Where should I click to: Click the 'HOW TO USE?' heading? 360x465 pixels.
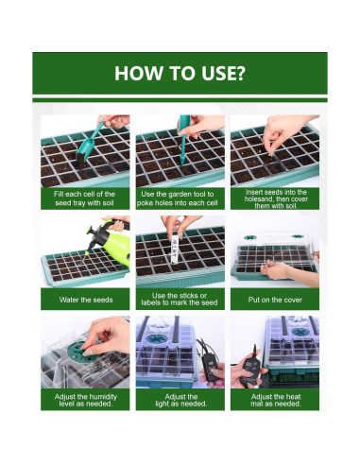180,73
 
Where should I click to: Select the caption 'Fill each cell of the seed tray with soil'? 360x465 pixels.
85,198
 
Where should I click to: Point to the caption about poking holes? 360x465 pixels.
178,198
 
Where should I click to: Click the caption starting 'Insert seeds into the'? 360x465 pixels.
276,198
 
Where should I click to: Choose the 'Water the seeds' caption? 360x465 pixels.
86,300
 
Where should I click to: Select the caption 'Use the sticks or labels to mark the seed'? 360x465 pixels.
180,300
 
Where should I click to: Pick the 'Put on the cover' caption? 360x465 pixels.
275,300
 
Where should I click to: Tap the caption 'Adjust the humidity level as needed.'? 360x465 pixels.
86,400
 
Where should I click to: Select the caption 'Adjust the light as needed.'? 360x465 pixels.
181,400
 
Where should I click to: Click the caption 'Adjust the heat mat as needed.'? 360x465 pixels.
276,400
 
